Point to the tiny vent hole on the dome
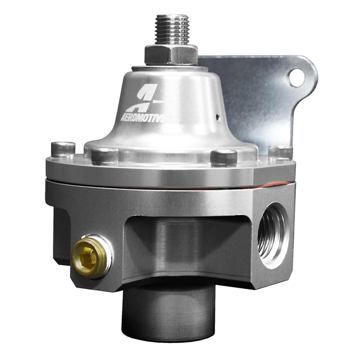[x=219, y=115]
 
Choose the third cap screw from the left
[x=223, y=157]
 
